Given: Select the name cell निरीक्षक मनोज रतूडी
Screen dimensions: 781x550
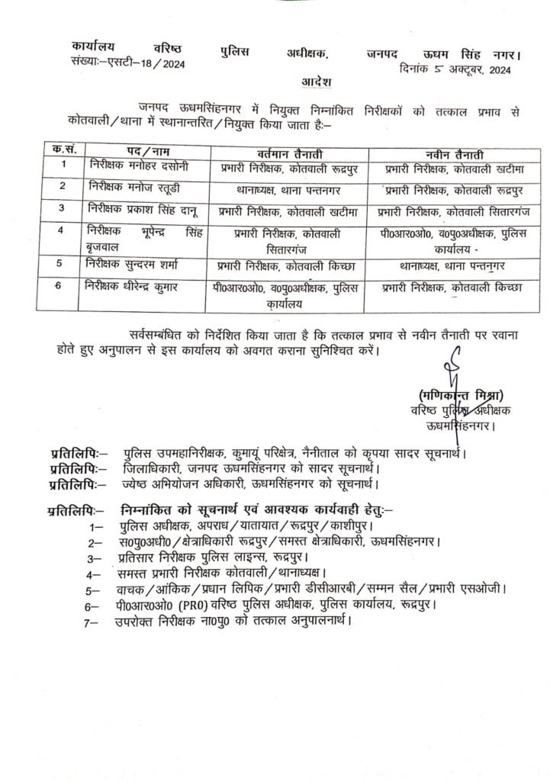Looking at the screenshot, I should pyautogui.click(x=126, y=187).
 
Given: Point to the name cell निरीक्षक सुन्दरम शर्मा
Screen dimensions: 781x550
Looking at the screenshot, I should pyautogui.click(x=129, y=265).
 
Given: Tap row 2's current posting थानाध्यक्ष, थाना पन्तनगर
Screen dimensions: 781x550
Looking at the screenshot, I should pyautogui.click(x=278, y=188).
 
